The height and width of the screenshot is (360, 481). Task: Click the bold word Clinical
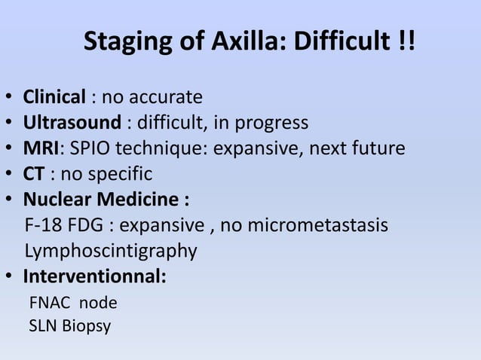[x=54, y=97]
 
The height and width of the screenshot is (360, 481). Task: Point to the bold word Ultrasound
[x=72, y=122]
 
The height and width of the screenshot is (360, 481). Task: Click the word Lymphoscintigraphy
[x=111, y=251]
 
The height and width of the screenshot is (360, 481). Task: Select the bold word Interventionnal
[x=94, y=276]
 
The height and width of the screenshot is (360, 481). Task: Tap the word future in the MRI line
[x=381, y=148]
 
